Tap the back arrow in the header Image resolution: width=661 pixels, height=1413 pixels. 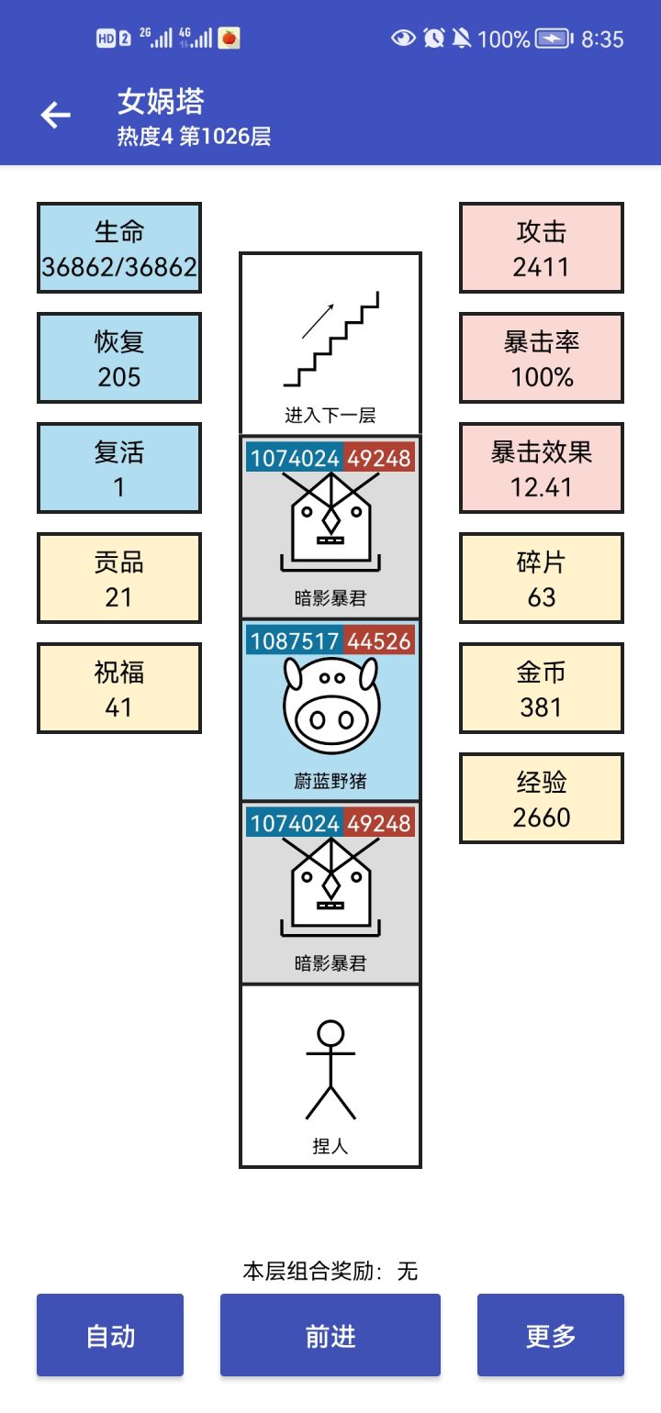click(56, 115)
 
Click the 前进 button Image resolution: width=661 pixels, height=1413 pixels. click(330, 1335)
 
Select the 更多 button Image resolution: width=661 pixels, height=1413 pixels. click(551, 1335)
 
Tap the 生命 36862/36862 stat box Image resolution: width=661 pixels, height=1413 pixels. click(119, 248)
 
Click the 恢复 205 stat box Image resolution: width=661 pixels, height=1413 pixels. click(119, 358)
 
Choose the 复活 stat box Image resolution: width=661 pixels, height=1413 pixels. click(119, 468)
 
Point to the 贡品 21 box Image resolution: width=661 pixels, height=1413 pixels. click(119, 578)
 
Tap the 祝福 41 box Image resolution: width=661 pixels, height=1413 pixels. click(119, 688)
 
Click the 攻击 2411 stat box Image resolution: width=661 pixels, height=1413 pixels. click(542, 248)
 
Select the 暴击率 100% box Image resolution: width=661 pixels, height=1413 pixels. click(542, 358)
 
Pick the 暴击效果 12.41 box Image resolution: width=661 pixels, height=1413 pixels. click(542, 468)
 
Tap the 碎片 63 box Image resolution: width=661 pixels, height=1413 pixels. click(542, 578)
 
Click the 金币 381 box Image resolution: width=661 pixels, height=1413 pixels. click(542, 688)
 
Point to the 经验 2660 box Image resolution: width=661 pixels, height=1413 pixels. click(542, 798)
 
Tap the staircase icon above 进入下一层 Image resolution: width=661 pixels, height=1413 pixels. click(331, 339)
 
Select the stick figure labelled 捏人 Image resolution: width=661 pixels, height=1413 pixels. click(330, 1069)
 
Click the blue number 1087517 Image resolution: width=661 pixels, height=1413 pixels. click(294, 640)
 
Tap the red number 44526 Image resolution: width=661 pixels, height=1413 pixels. click(379, 640)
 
